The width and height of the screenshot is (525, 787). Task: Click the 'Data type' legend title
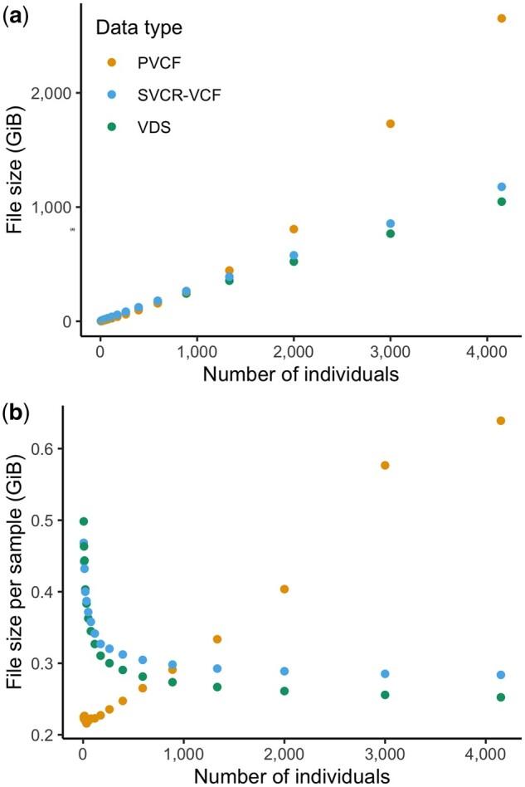coord(139,27)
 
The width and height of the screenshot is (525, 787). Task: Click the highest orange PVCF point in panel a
coord(501,18)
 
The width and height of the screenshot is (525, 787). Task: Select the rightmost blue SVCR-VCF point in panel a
coord(501,188)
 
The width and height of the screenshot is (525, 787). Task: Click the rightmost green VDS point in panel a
coord(501,202)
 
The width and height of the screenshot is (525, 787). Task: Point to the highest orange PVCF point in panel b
coord(501,421)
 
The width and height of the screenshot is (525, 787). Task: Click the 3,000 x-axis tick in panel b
coord(385,757)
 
